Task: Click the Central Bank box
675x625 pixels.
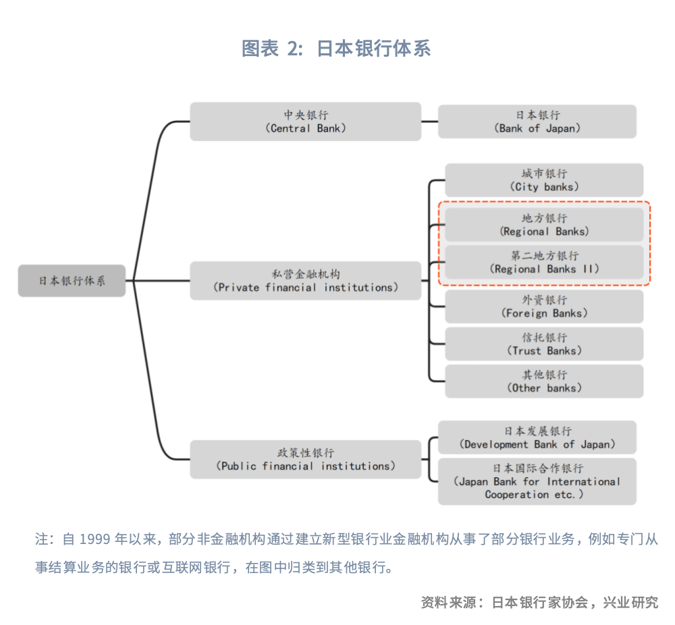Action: tap(305, 121)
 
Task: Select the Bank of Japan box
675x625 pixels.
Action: tap(537, 121)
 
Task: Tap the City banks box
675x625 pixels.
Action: tap(543, 180)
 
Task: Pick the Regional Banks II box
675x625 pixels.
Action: tap(543, 262)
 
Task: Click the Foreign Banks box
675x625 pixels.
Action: tap(543, 306)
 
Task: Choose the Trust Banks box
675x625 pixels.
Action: tap(543, 344)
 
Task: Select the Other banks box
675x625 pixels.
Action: tap(543, 381)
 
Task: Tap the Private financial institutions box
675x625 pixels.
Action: tap(305, 281)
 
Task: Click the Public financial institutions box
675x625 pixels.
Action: tap(305, 460)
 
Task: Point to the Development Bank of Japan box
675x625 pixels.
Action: tap(537, 437)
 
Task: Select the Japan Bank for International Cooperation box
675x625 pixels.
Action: tap(537, 481)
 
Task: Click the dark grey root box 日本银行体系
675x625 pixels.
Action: tap(72, 281)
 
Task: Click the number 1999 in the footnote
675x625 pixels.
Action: tap(94, 539)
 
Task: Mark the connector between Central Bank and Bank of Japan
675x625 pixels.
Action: tap(429, 121)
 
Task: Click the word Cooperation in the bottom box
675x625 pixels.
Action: tap(517, 495)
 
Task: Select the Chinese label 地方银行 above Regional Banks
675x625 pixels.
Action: tap(544, 218)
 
